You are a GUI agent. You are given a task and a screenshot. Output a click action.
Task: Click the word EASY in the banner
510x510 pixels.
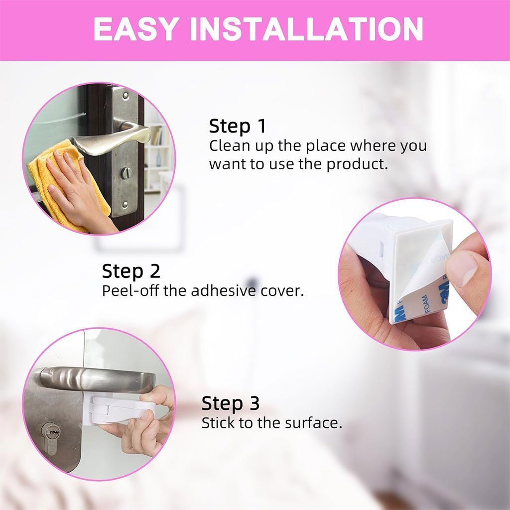click(136, 29)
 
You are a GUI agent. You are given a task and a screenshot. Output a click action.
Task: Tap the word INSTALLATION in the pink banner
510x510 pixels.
click(306, 29)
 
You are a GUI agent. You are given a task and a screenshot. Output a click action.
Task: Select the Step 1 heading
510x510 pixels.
click(237, 126)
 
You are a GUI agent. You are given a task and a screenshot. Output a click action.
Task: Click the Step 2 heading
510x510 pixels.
click(131, 271)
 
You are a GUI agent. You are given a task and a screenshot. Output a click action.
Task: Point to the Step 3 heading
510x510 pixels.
click(230, 403)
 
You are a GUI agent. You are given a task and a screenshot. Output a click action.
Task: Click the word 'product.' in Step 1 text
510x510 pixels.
click(358, 164)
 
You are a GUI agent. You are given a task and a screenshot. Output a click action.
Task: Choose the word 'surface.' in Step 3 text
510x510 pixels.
click(314, 423)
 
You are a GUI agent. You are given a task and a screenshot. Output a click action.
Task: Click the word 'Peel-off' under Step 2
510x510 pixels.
click(131, 290)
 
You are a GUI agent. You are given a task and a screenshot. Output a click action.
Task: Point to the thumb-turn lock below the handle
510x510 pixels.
click(126, 173)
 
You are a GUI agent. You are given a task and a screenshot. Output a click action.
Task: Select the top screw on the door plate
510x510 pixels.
click(126, 96)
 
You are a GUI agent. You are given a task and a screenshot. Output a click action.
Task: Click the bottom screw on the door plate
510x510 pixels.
click(125, 205)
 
